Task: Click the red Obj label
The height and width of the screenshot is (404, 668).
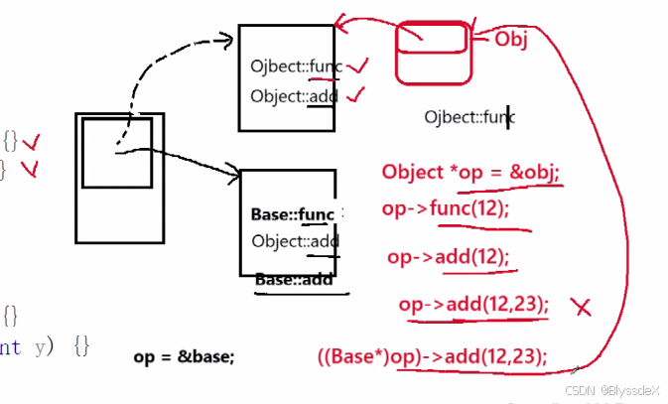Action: [511, 39]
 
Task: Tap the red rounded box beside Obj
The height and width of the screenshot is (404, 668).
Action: [432, 52]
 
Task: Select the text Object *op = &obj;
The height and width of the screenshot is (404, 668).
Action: [471, 172]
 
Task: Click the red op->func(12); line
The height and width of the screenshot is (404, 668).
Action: [445, 208]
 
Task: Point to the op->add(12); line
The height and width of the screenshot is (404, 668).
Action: [448, 257]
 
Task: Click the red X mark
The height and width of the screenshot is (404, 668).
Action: [583, 307]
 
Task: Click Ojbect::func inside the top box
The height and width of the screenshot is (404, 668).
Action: [296, 67]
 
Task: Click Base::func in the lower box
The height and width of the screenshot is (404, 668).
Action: [294, 214]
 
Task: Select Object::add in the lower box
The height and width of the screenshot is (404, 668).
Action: [295, 241]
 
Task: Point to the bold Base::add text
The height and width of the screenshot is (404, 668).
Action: [294, 280]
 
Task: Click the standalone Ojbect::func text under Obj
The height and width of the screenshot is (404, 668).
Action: [468, 117]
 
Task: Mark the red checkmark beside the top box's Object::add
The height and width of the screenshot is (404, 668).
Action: [354, 95]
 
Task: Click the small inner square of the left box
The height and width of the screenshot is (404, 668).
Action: [117, 153]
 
